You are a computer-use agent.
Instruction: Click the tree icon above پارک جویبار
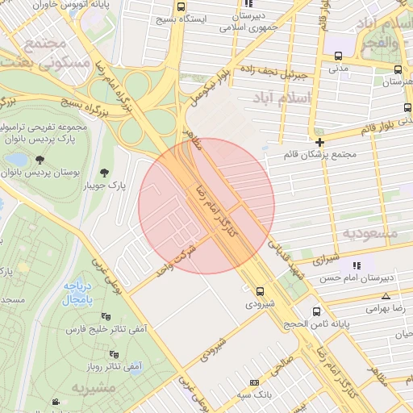[x=104, y=172]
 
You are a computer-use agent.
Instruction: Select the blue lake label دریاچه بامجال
[x=79, y=293]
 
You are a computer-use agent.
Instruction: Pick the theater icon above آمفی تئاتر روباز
[x=114, y=354]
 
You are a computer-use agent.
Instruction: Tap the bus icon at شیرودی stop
[x=260, y=292]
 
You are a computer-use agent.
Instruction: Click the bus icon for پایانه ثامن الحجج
[x=315, y=311]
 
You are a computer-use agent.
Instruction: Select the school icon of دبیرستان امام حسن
[x=356, y=265]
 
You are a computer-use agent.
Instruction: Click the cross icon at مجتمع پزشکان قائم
[x=320, y=142]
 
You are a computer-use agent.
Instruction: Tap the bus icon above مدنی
[x=337, y=56]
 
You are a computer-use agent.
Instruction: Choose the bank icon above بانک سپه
[x=255, y=382]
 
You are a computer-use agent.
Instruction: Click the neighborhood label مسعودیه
[x=370, y=232]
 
